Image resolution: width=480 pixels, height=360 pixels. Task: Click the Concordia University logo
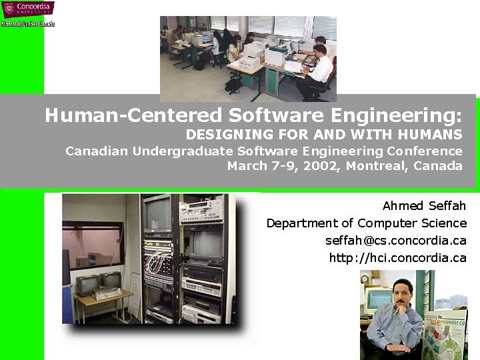tap(27, 9)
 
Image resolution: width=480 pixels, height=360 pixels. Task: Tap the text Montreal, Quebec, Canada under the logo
tap(28, 23)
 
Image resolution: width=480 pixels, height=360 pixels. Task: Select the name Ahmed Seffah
tap(424, 205)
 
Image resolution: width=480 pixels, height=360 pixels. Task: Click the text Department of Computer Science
tap(366, 223)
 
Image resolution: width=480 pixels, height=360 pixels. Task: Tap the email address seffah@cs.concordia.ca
tap(395, 240)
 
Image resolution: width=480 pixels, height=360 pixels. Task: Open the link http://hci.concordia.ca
tap(397, 257)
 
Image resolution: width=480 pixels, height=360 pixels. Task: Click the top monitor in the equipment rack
tap(158, 213)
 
